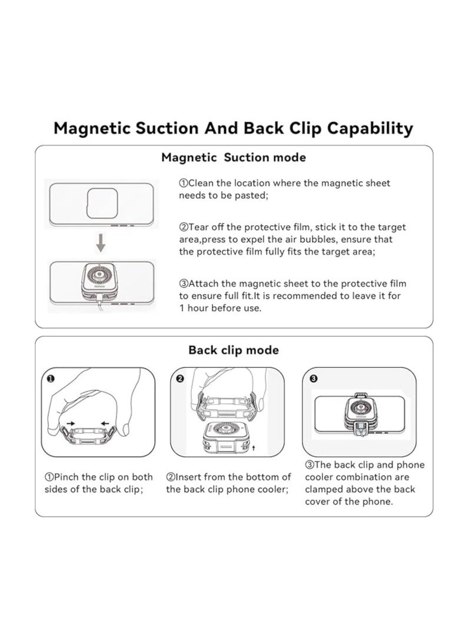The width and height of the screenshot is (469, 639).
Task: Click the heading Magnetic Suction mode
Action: click(234, 158)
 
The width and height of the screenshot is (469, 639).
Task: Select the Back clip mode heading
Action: click(234, 350)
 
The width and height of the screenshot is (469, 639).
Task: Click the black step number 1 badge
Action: click(51, 379)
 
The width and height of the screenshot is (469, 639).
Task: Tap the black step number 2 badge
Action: click(180, 379)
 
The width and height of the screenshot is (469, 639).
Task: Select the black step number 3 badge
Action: click(313, 379)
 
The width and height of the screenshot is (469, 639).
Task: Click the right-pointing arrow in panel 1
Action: click(71, 423)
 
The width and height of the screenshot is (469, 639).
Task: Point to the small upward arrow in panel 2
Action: click(254, 447)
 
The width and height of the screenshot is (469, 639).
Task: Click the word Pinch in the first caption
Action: click(67, 477)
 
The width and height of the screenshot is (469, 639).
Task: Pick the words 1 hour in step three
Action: click(195, 308)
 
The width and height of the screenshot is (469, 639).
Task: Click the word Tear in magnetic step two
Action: click(198, 227)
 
